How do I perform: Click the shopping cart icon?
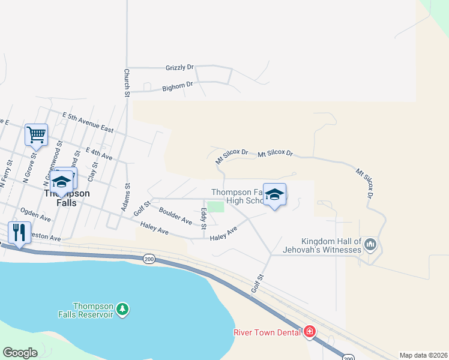pyautogui.click(x=36, y=134)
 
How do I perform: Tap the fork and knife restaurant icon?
pyautogui.click(x=19, y=232)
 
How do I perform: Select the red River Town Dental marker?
pyautogui.click(x=310, y=331)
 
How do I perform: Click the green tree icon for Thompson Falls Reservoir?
pyautogui.click(x=122, y=308)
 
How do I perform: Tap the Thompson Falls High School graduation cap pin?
pyautogui.click(x=274, y=194)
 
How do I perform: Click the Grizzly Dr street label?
pyautogui.click(x=179, y=68)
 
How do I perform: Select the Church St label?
pyautogui.click(x=127, y=83)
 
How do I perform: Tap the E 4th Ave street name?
pyautogui.click(x=99, y=154)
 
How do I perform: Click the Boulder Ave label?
pyautogui.click(x=175, y=216)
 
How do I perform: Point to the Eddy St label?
pyautogui.click(x=203, y=218)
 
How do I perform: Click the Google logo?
pyautogui.click(x=20, y=353)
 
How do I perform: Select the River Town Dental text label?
pyautogui.click(x=268, y=332)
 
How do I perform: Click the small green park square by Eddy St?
pyautogui.click(x=215, y=206)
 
